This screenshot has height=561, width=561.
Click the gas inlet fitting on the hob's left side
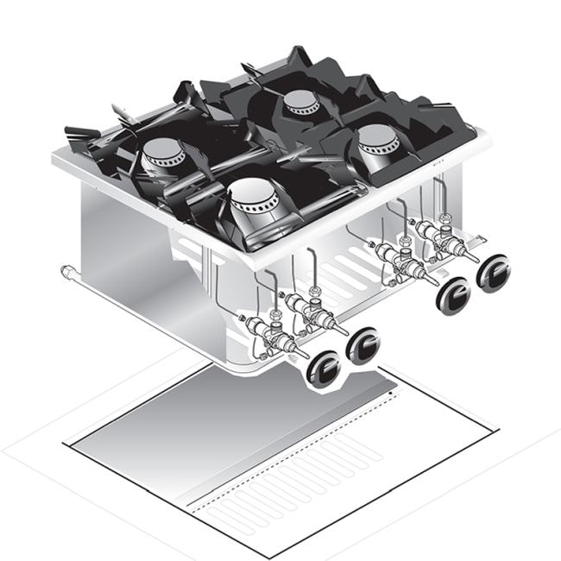click(66, 274)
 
